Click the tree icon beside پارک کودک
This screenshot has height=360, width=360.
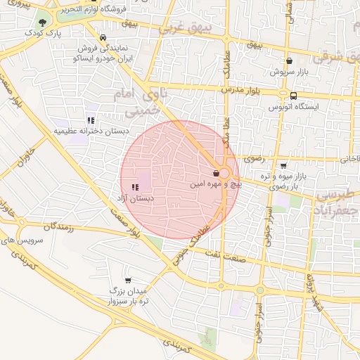pos(43,22)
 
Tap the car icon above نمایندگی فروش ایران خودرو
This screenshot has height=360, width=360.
pos(103,38)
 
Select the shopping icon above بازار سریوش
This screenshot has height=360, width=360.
pos(289,61)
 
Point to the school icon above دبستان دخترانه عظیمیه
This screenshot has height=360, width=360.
pos(91,120)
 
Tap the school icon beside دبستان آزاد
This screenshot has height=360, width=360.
pos(134,187)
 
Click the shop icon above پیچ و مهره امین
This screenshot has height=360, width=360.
pos(216,173)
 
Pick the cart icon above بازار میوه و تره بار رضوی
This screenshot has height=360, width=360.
pos(283,165)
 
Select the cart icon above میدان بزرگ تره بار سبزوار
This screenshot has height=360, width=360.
pos(127,280)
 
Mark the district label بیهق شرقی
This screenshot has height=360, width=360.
pos(338,55)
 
